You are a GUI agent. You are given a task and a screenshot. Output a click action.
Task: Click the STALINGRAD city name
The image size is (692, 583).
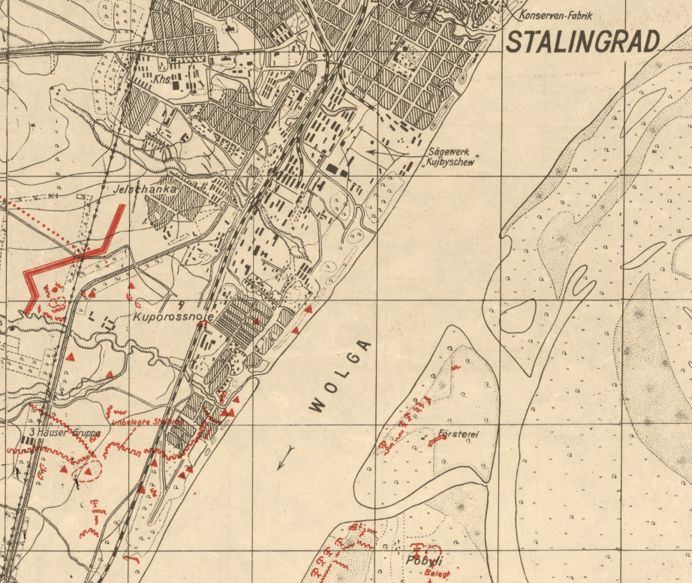pos(582,42)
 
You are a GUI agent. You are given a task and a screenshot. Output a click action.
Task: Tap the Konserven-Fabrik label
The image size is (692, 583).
pos(554,15)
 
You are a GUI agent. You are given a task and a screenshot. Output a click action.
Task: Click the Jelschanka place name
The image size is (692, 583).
pos(144,190)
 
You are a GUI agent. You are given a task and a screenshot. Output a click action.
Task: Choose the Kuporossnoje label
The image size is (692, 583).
pos(174,318)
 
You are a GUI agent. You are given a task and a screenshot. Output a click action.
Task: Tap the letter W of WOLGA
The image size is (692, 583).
pos(317,406)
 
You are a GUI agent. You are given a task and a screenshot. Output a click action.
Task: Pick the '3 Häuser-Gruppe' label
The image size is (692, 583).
pos(65,433)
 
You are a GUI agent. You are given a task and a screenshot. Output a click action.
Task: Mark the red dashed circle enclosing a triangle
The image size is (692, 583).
pos(88,471)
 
